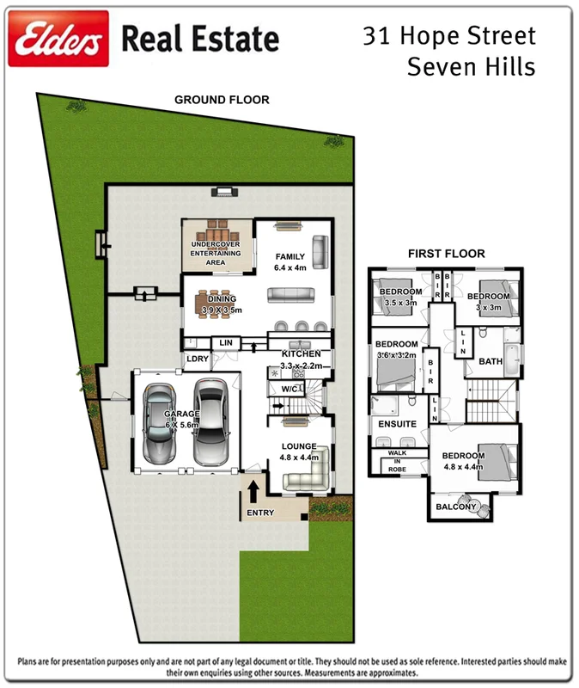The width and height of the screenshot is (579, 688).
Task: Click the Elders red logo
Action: (58, 39)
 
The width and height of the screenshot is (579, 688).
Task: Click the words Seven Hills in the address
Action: (472, 65)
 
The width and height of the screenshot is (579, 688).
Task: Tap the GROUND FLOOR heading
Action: (222, 100)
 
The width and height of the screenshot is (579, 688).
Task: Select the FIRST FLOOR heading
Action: (446, 254)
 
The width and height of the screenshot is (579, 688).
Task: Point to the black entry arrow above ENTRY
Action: (254, 492)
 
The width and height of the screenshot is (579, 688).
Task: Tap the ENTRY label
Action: (260, 513)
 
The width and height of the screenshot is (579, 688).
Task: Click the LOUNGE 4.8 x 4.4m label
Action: (298, 451)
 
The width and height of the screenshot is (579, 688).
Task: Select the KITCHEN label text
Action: (301, 353)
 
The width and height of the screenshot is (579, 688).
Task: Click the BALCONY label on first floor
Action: (455, 507)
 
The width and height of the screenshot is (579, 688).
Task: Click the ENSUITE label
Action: (397, 424)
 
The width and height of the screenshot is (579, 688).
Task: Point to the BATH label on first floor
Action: (491, 361)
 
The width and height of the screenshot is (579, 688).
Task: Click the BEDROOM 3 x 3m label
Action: (488, 301)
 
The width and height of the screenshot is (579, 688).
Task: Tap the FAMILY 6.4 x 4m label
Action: (290, 261)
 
